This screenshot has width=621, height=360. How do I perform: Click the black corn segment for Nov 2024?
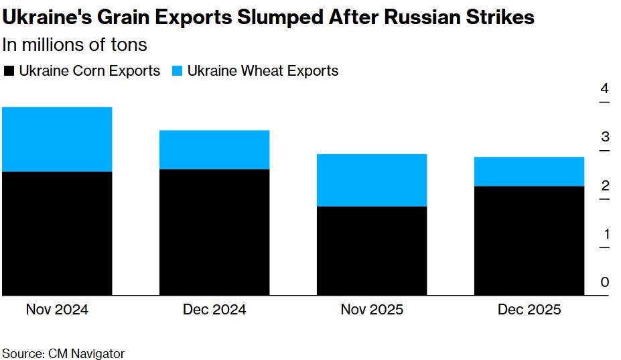(57, 233)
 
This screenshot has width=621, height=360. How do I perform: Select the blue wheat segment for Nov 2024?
(57, 139)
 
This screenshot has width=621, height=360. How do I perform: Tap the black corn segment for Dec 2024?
(214, 232)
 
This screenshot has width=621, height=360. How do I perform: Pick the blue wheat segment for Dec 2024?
(214, 149)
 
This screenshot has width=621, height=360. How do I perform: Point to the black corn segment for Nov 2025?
(372, 251)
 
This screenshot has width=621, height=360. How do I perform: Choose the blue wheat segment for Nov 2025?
(372, 180)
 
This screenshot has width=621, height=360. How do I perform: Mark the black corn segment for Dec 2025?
(529, 241)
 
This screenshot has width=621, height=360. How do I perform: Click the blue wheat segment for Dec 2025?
(529, 172)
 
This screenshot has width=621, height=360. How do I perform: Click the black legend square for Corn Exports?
(9, 71)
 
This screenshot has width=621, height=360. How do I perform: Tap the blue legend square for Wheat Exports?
(178, 71)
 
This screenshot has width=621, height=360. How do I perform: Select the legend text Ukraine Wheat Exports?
(263, 71)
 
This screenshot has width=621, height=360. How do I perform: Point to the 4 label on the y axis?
(605, 88)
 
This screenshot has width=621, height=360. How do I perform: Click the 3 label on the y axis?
(605, 137)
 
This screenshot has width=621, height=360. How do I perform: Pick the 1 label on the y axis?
(605, 234)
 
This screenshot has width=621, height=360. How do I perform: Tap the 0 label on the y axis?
(605, 282)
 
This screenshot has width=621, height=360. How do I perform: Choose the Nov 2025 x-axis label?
(372, 310)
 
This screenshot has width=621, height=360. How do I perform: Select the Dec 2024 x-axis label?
(214, 310)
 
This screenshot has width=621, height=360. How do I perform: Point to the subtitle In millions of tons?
(75, 45)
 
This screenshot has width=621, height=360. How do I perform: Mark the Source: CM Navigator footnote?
(63, 353)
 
